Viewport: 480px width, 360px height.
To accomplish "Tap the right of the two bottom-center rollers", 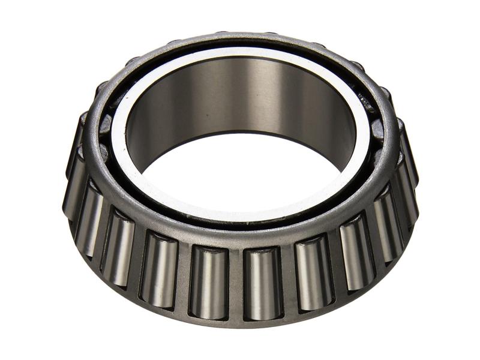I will (262, 282).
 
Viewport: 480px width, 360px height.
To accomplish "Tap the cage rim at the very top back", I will (240, 38).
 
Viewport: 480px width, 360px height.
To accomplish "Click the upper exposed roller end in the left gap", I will (106, 126).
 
